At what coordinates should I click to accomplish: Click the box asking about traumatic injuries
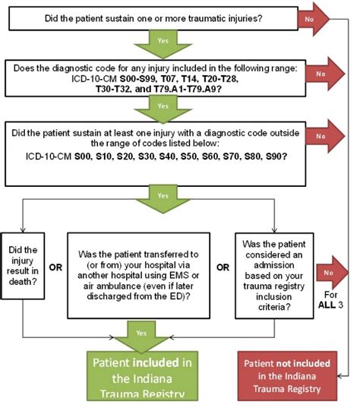pyautogui.click(x=153, y=18)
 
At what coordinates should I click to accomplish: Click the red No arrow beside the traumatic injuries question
pyautogui.click(x=314, y=19)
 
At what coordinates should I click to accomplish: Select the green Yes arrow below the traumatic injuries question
pyautogui.click(x=163, y=44)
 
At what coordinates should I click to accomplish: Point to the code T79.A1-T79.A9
pyautogui.click(x=187, y=89)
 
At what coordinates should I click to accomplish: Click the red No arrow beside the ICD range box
pyautogui.click(x=325, y=74)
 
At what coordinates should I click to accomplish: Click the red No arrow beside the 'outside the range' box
pyautogui.click(x=325, y=136)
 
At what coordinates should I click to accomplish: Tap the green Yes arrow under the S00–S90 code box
pyautogui.click(x=163, y=199)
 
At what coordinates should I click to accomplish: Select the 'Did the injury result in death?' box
pyautogui.click(x=23, y=266)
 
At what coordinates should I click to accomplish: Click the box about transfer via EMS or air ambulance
pyautogui.click(x=138, y=276)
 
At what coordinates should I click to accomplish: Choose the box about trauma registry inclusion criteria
pyautogui.click(x=274, y=276)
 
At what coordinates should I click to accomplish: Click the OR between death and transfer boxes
pyautogui.click(x=55, y=267)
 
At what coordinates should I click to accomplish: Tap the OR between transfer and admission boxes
pyautogui.click(x=223, y=267)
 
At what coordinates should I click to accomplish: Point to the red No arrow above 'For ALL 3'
pyautogui.click(x=332, y=273)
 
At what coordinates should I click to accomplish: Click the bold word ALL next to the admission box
pyautogui.click(x=327, y=305)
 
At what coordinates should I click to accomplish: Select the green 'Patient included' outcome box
pyautogui.click(x=142, y=376)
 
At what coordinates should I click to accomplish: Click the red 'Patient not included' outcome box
pyautogui.click(x=287, y=376)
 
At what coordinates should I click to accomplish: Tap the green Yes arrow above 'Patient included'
pyautogui.click(x=141, y=337)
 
